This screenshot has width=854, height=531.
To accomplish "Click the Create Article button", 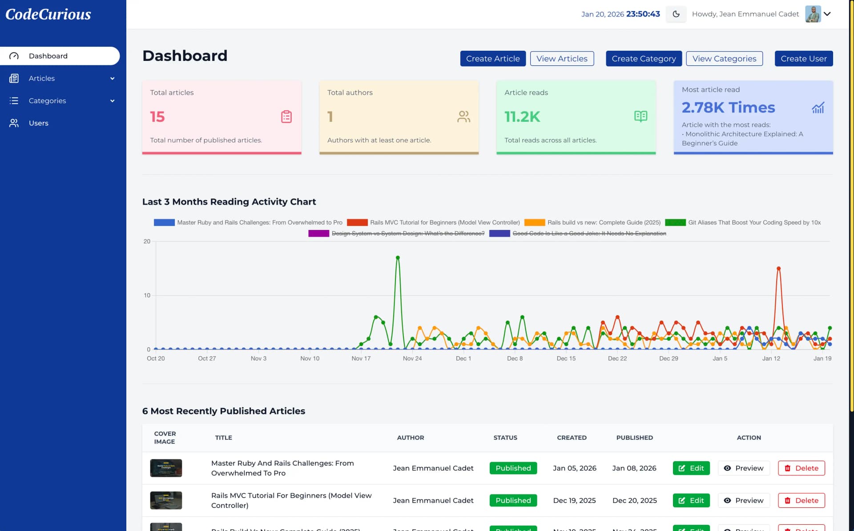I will [492, 59].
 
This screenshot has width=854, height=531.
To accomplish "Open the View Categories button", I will [724, 59].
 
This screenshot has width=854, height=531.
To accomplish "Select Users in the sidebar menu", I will [39, 123].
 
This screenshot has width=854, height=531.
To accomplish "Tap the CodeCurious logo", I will [48, 14].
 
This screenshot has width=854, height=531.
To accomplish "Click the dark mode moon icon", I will [676, 14].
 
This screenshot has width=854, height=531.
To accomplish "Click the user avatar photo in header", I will [813, 14].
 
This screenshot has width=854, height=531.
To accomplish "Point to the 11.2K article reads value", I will [522, 117].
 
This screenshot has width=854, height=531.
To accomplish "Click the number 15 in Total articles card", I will [157, 117].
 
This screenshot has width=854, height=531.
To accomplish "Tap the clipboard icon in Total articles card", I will [286, 117].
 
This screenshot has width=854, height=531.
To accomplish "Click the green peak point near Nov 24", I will [398, 257].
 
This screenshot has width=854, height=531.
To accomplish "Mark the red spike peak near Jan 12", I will [778, 269].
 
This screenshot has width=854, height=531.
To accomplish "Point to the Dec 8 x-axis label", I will [515, 358].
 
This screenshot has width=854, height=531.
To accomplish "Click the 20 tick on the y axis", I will [147, 241].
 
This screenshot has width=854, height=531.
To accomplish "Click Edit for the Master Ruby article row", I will [691, 468].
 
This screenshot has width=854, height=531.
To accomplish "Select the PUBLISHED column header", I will [634, 438].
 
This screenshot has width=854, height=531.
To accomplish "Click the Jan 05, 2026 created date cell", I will [574, 468].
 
